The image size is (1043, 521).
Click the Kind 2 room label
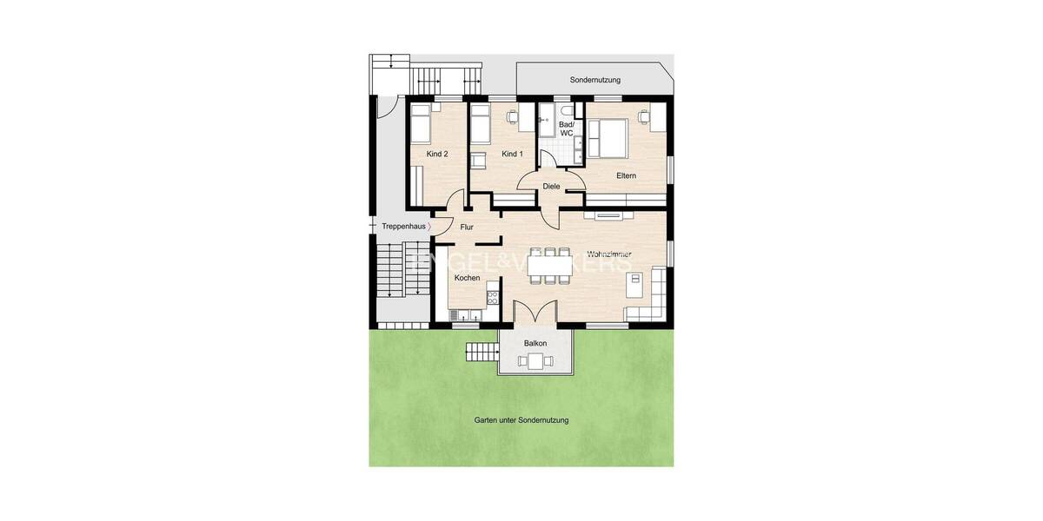pos(437,154)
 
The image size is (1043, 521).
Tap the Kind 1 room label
pos(513,154)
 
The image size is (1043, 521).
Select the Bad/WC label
pos(567,129)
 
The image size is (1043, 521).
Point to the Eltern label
pos(626,175)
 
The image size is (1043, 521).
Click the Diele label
pos(551,186)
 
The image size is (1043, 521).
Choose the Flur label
pos(466,227)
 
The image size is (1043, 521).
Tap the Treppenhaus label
pos(404,227)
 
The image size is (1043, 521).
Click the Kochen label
pos(467,278)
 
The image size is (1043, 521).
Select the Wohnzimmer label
pos(608,254)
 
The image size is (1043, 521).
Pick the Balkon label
pos(535,344)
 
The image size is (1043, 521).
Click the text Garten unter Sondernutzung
pos(521,420)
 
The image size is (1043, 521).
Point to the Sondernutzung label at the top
pos(595,80)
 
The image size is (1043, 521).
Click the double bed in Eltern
pos(607,137)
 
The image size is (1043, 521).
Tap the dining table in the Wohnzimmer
pos(549,266)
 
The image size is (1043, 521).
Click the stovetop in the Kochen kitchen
pos(493,299)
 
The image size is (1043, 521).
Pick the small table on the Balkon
pos(535,361)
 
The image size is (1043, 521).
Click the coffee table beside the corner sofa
pos(635,280)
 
